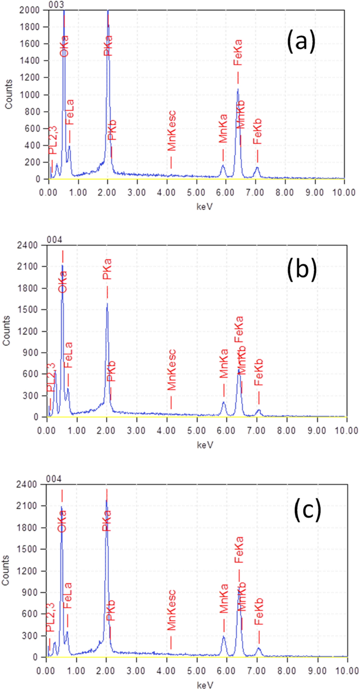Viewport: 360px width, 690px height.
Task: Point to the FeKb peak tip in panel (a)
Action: (x=257, y=168)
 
